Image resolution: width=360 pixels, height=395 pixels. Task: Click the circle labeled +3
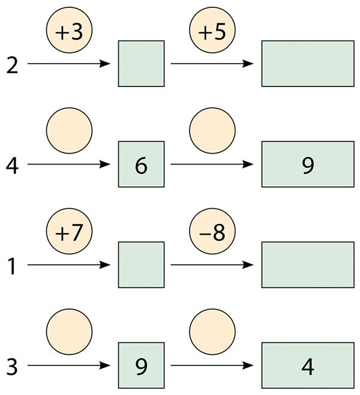[x=69, y=30]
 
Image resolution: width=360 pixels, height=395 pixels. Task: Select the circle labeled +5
[x=212, y=30]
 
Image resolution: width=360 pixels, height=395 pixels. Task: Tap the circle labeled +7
[x=69, y=231]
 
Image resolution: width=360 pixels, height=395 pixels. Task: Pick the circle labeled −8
[x=212, y=231]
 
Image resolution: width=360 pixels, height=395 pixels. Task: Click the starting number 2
[x=12, y=65]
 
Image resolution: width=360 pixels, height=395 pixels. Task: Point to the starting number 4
[x=12, y=166]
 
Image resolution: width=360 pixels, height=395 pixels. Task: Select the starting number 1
[x=12, y=267]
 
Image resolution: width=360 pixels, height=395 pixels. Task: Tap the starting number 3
[x=12, y=367]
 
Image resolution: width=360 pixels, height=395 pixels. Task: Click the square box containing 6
[x=142, y=164]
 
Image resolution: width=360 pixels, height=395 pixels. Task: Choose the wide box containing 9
[x=308, y=164]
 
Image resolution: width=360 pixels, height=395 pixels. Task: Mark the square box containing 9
[x=142, y=365]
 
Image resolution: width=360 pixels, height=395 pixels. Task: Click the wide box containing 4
[x=308, y=365]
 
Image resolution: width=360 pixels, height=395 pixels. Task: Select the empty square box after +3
[x=142, y=64]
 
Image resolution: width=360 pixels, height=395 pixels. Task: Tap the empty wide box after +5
[x=308, y=64]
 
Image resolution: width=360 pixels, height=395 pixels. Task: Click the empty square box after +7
[x=142, y=265]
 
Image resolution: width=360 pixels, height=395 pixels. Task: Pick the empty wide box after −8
[x=308, y=265]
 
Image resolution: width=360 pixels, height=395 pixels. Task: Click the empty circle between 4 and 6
[x=69, y=130]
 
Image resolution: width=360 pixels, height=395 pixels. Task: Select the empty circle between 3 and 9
[x=69, y=332]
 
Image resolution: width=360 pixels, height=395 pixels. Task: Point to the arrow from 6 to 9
[x=212, y=164]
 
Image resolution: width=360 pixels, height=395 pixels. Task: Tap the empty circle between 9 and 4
[x=212, y=332]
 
